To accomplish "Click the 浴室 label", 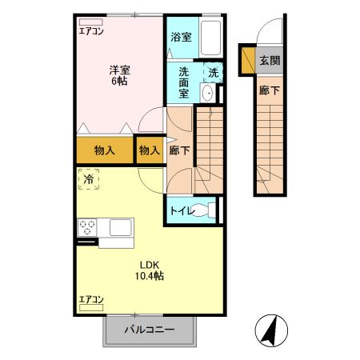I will pyautogui.click(x=182, y=37).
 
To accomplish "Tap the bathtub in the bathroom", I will pyautogui.click(x=210, y=37).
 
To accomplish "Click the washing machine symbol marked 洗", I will pyautogui.click(x=213, y=72).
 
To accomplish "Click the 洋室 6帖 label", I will pyautogui.click(x=120, y=74).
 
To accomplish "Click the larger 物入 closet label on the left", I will pyautogui.click(x=104, y=150).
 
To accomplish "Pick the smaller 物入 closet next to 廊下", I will pyautogui.click(x=149, y=150).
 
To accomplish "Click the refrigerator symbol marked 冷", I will pyautogui.click(x=88, y=181).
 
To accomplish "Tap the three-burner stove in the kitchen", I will pyautogui.click(x=87, y=226).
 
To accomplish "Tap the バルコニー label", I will pyautogui.click(x=149, y=329).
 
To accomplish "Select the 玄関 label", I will pyautogui.click(x=270, y=61).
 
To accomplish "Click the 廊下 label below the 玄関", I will pyautogui.click(x=270, y=90).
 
